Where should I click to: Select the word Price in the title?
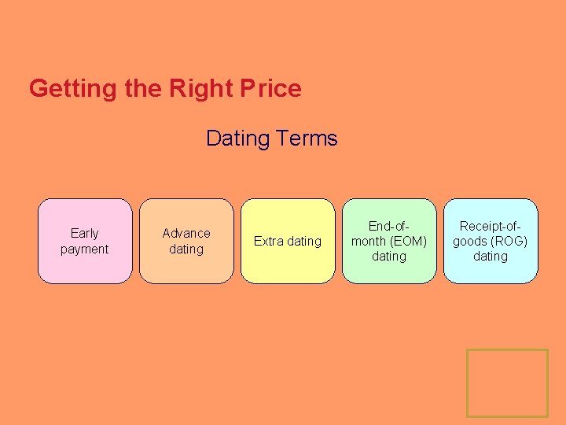[267, 88]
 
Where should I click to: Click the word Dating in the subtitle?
[237, 139]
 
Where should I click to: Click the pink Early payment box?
[85, 241]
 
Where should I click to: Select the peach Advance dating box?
[186, 241]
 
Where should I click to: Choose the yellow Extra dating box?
[288, 241]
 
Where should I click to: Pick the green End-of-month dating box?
[389, 241]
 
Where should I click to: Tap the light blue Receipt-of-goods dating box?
[491, 241]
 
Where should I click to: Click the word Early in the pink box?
[85, 233]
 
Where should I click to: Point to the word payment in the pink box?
[85, 249]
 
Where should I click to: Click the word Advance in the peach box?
[186, 233]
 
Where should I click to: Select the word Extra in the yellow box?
[268, 241]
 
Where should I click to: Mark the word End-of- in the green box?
[389, 226]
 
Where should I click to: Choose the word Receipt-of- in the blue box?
[491, 226]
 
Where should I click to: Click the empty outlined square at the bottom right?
[507, 383]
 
